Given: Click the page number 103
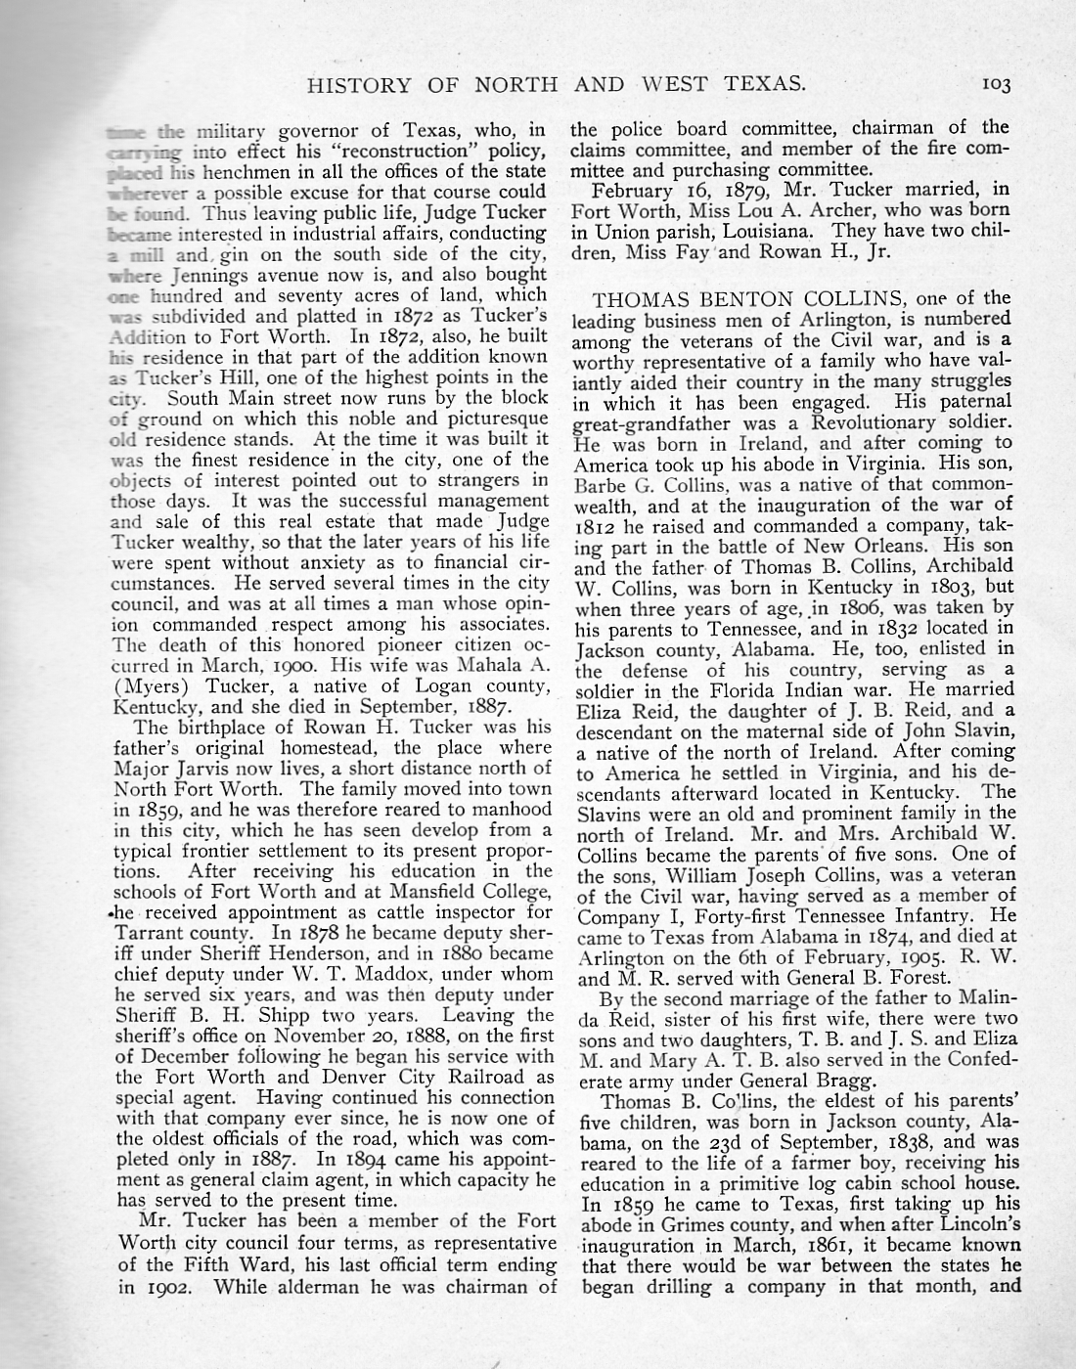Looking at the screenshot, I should pos(996,84).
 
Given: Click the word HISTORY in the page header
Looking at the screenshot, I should pos(352,84).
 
